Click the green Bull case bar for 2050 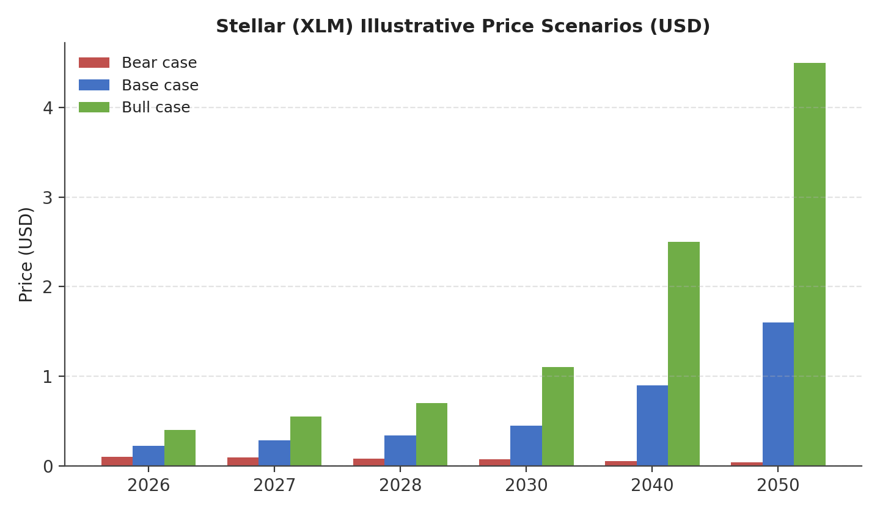809,264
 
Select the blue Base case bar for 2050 779,394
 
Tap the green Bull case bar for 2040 684,354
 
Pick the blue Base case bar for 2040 652,426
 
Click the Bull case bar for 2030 558,417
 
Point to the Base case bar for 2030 526,446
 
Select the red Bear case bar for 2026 117,461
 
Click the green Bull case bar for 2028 431,434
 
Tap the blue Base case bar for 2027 274,453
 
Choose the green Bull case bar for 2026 180,448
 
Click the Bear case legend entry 137,63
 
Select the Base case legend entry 138,85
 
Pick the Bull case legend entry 134,107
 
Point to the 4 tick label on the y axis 48,108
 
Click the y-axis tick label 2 48,287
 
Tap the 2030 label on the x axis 526,486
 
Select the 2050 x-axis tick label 778,486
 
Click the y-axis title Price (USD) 26,255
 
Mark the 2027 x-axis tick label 274,486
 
